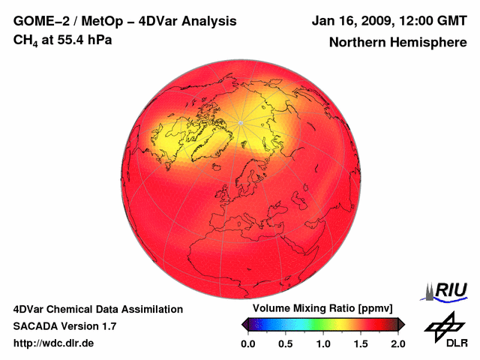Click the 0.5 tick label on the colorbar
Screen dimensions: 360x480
coord(285,343)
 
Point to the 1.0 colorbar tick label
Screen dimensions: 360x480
coord(323,343)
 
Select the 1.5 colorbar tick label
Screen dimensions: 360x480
coord(361,343)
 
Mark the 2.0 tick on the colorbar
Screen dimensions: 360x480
coord(397,343)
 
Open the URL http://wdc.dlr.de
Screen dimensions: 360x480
coord(54,343)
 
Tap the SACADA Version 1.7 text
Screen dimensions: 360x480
coord(64,326)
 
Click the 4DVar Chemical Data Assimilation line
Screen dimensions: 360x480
coord(97,309)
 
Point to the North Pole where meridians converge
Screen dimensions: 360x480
coord(240,122)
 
